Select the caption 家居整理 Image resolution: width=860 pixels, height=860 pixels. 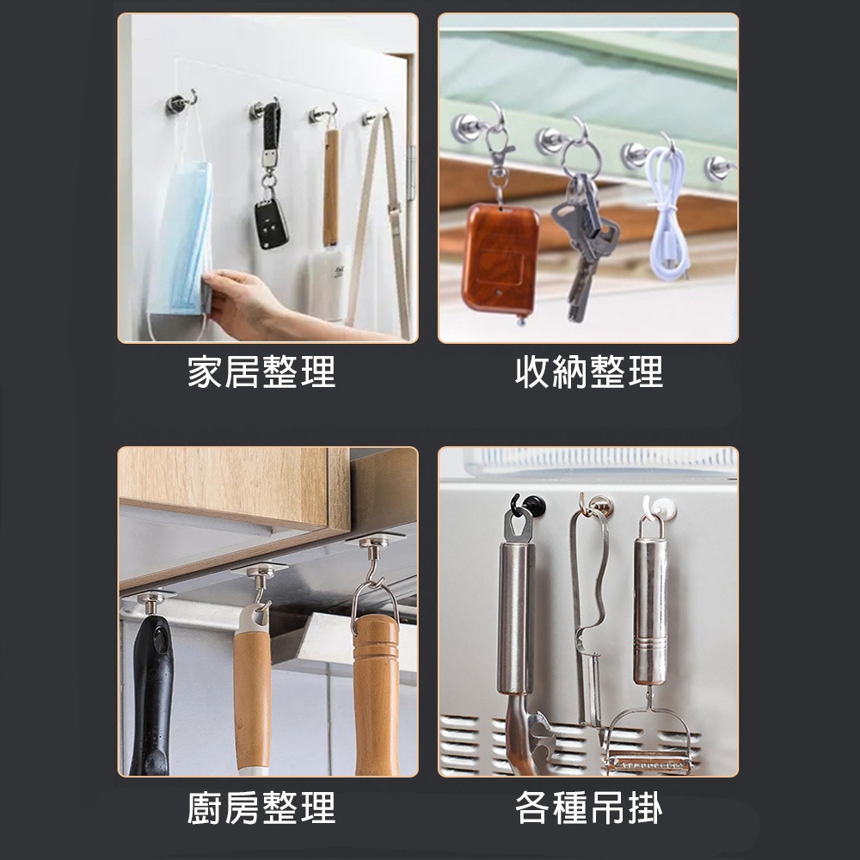(x=261, y=372)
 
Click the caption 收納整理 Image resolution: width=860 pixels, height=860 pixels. (x=589, y=372)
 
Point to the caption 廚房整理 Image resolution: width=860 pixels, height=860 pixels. (x=261, y=808)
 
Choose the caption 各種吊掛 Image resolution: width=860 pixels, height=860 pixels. (x=589, y=808)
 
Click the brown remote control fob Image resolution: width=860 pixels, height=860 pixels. (x=500, y=256)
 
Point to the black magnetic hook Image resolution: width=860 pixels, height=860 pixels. (x=525, y=507)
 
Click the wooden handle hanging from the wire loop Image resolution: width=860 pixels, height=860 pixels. (x=377, y=688)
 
